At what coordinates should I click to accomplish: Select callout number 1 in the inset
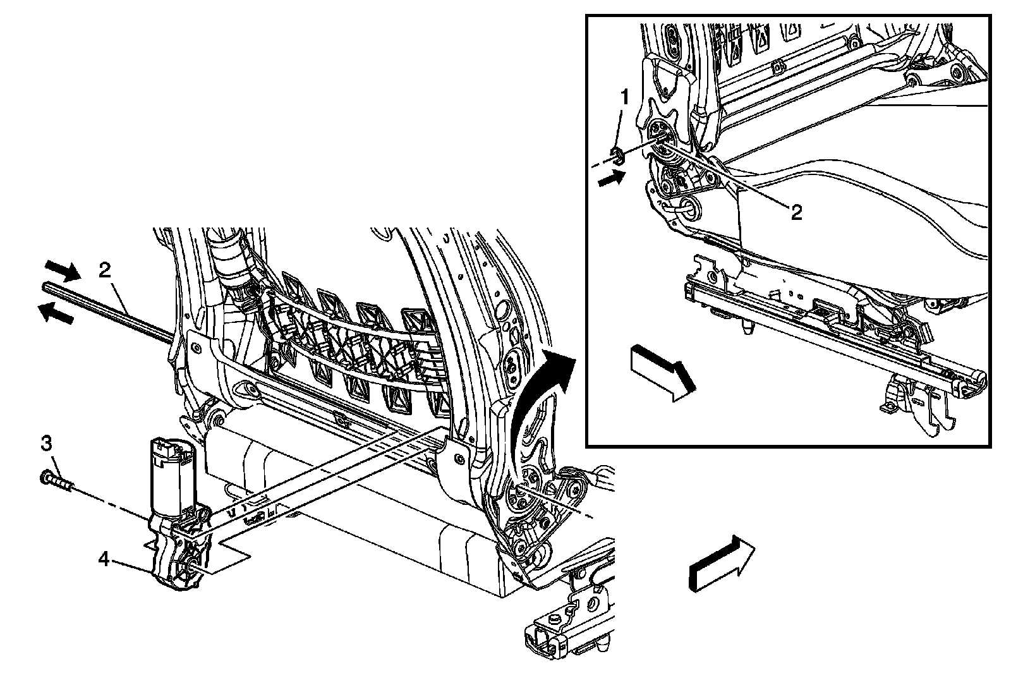[625, 98]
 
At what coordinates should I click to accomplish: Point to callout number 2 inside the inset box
[796, 212]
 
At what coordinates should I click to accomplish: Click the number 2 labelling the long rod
[105, 270]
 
